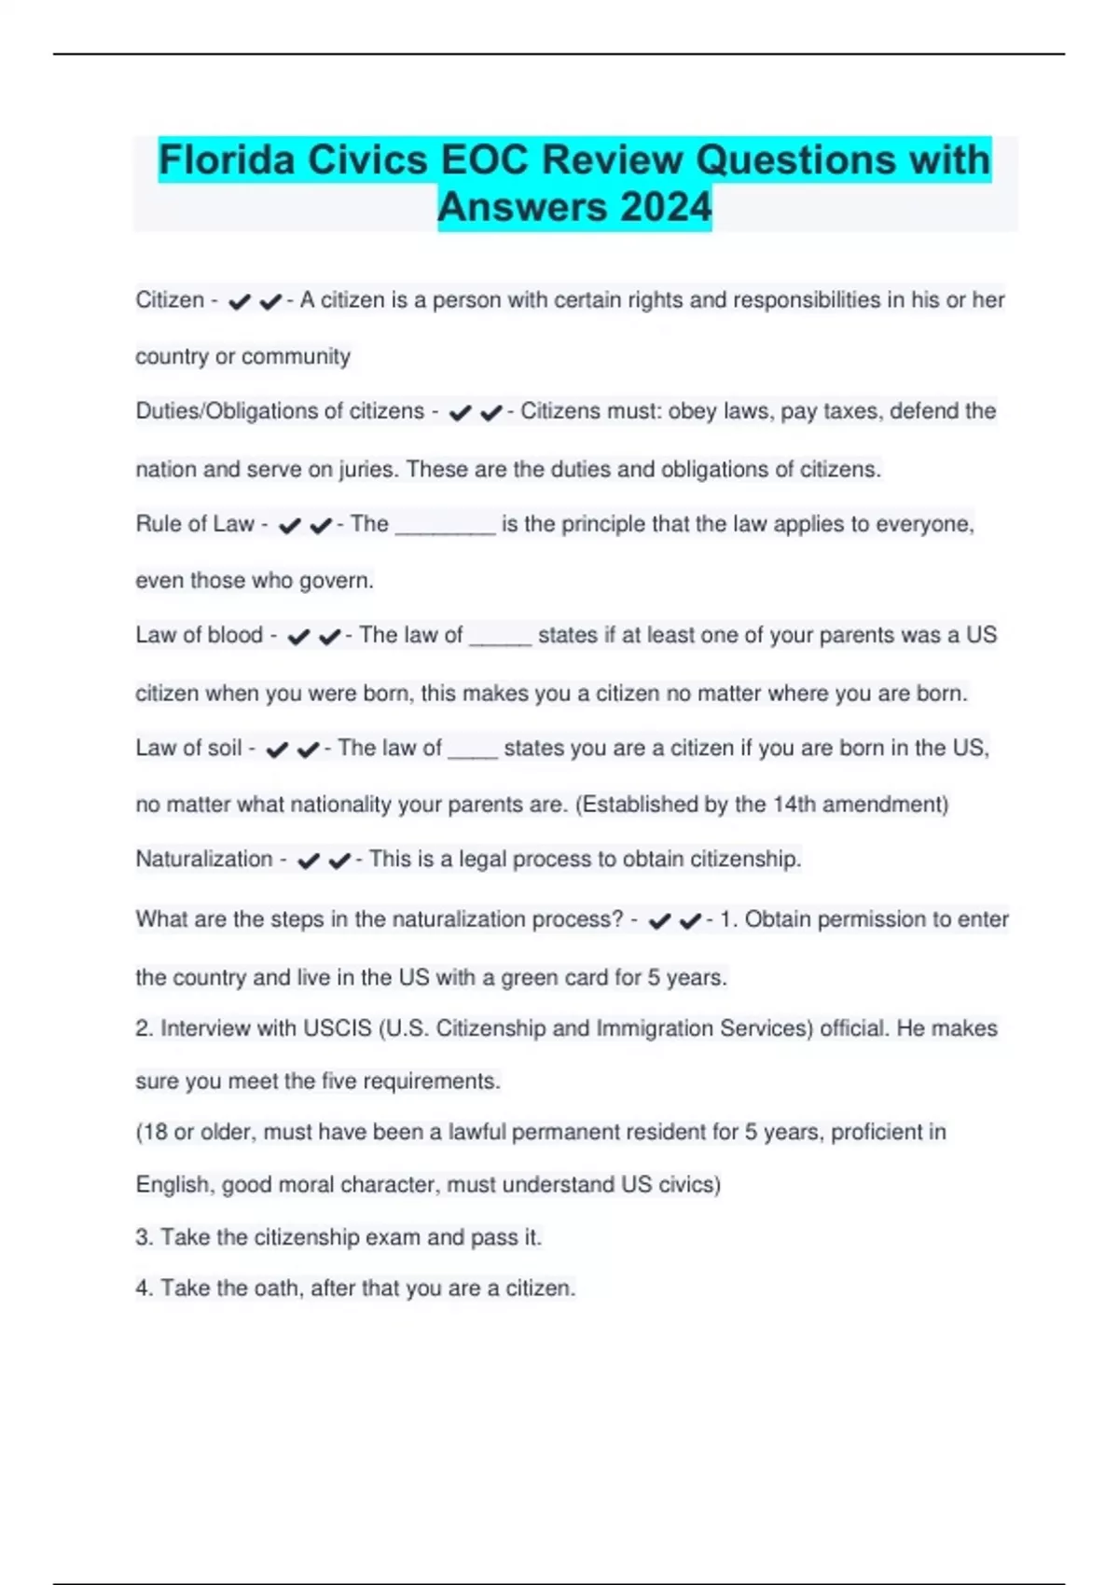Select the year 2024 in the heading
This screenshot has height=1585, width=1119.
coord(666,207)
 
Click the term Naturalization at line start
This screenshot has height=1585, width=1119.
coord(204,859)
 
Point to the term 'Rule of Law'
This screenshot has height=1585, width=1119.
coord(195,524)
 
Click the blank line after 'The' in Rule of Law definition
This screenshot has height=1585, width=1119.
coord(445,527)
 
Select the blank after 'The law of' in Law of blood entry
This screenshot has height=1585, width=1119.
coord(500,638)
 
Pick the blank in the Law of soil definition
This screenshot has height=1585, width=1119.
coord(473,751)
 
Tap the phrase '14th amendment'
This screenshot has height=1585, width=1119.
coord(857,804)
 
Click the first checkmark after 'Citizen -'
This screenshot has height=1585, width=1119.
coord(239,302)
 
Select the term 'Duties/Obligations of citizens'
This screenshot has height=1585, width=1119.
coord(280,411)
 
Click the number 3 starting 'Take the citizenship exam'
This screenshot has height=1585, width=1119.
coord(143,1237)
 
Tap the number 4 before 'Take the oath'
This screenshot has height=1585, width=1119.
coord(143,1288)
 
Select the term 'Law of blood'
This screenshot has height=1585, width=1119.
coord(199,635)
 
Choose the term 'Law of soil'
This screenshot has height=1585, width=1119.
coord(188,748)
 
